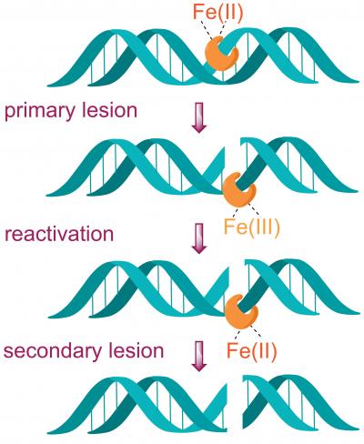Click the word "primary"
(35, 112)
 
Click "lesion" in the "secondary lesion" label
(138, 350)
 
